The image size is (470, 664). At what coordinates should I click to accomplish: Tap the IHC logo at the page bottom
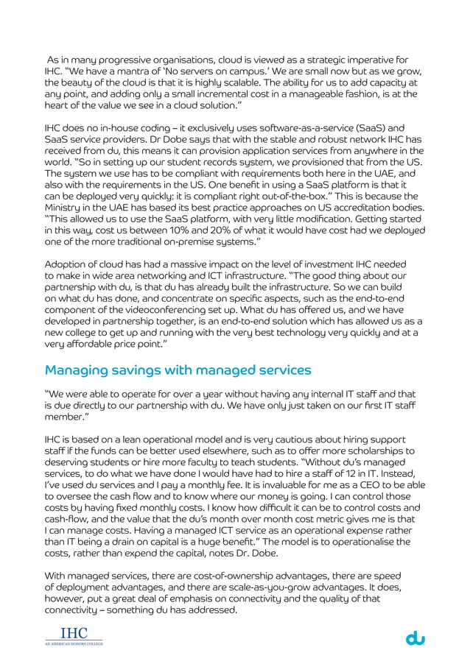coord(72,635)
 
